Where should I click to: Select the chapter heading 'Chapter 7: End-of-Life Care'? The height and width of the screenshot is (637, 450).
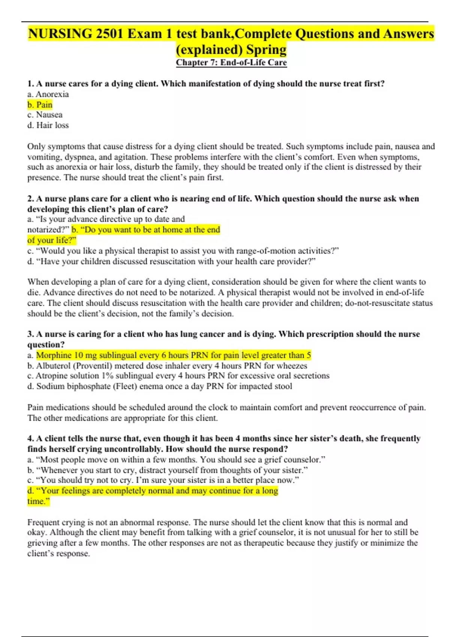tap(231, 63)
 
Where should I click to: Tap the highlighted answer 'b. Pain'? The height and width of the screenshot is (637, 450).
tap(40, 105)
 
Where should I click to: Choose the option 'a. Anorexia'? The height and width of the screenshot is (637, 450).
tap(48, 94)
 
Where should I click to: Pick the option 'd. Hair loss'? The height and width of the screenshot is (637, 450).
tap(48, 125)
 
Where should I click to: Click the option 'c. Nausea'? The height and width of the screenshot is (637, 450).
tap(45, 115)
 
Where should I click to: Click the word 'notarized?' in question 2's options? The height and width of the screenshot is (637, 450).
tap(48, 230)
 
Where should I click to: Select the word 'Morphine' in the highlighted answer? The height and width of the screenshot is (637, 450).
tap(54, 355)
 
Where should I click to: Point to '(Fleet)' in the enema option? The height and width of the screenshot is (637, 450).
tap(125, 386)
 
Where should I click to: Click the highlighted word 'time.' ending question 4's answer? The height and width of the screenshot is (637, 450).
tap(37, 501)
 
